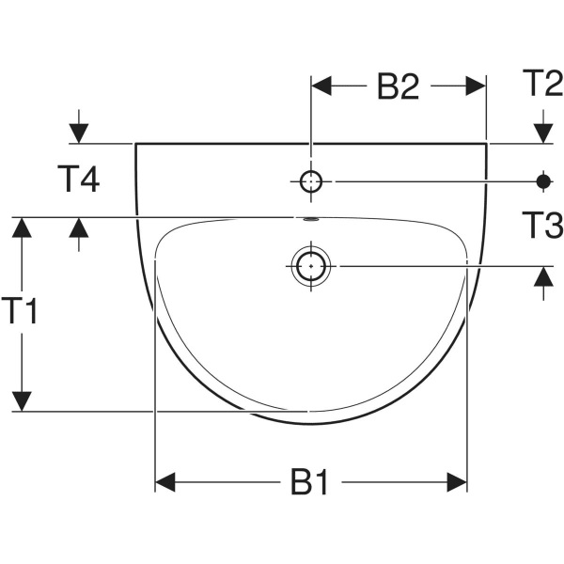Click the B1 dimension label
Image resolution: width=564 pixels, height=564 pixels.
[x=309, y=483]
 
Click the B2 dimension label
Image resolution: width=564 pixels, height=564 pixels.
[x=398, y=86]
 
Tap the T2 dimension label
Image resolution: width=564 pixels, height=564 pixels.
[x=541, y=85]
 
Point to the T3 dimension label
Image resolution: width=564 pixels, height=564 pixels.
[x=541, y=226]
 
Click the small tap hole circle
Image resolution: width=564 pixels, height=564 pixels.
[x=311, y=180]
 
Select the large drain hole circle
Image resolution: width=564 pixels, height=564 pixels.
[x=310, y=266]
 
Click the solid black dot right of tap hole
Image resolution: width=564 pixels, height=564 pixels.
[x=543, y=180]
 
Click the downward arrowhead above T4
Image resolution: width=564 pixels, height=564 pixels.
[x=79, y=133]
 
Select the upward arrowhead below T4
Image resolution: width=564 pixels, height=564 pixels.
[x=79, y=228]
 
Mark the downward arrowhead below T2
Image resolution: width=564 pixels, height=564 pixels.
[x=543, y=133]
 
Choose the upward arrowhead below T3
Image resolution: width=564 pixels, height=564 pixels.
[x=543, y=277]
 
